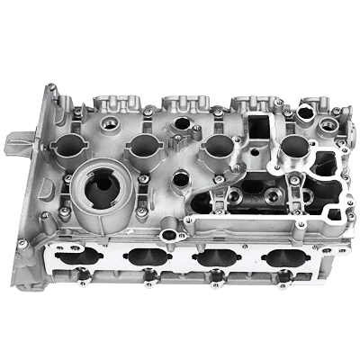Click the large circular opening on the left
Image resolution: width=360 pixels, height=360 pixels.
[x=98, y=184]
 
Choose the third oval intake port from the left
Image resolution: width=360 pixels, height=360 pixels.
[x=212, y=257]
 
